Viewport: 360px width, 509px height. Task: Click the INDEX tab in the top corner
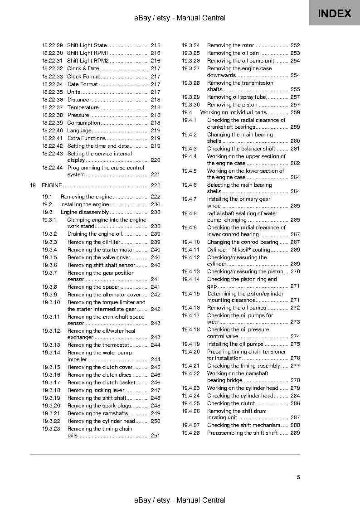pyautogui.click(x=335, y=13)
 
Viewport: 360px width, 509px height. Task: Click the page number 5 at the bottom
pyautogui.click(x=298, y=477)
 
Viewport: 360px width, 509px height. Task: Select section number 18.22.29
pyautogui.click(x=53, y=45)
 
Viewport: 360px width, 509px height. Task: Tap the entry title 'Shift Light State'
pyautogui.click(x=87, y=45)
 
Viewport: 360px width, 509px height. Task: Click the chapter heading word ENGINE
pyautogui.click(x=51, y=185)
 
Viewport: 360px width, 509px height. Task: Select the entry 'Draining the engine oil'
pyautogui.click(x=95, y=234)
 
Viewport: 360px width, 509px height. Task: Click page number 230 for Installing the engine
pyautogui.click(x=155, y=205)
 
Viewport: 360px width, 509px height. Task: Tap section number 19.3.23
pyautogui.click(x=51, y=429)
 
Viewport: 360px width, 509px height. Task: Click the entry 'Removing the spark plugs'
pyautogui.click(x=99, y=406)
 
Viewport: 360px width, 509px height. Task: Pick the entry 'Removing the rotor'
pyautogui.click(x=230, y=45)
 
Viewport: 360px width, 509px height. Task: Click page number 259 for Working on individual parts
pyautogui.click(x=295, y=112)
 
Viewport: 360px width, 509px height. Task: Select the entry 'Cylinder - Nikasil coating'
pyautogui.click(x=238, y=250)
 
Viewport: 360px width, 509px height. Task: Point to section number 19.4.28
pyautogui.click(x=190, y=433)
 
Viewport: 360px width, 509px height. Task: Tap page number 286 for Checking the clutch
pyautogui.click(x=295, y=403)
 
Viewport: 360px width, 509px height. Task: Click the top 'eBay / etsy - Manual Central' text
pyautogui.click(x=180, y=18)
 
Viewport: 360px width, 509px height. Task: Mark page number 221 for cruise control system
pyautogui.click(x=155, y=175)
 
